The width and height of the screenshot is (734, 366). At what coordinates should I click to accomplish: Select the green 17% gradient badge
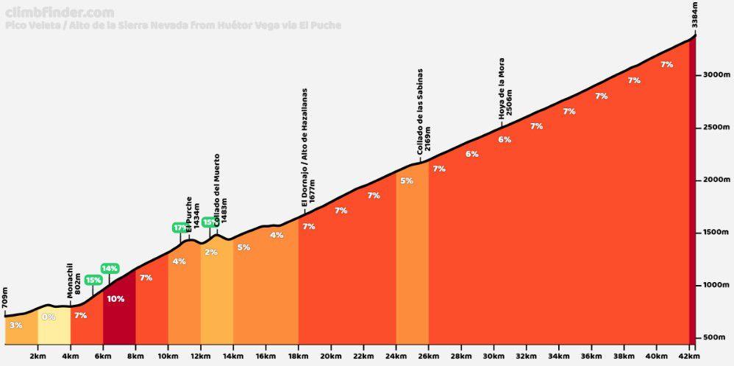[x=180, y=228]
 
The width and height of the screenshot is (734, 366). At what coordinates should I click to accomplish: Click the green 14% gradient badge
[x=110, y=268]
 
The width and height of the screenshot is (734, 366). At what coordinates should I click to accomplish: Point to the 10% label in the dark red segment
[x=115, y=299]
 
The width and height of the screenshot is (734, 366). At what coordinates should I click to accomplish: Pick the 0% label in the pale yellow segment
[x=49, y=317]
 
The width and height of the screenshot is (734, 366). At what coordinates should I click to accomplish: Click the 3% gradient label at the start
[x=16, y=325]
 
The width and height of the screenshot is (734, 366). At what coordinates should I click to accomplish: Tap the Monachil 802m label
[x=73, y=280]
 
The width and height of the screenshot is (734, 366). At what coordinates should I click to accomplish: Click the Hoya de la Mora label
[x=505, y=88]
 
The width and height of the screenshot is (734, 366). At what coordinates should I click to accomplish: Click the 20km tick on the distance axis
[x=331, y=357]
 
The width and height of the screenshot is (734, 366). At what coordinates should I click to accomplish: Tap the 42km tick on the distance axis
[x=688, y=357]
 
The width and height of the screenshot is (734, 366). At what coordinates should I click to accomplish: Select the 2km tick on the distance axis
[x=38, y=357]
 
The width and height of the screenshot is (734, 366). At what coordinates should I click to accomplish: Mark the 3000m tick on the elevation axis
[x=714, y=74]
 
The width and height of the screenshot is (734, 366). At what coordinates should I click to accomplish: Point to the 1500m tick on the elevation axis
[x=714, y=232]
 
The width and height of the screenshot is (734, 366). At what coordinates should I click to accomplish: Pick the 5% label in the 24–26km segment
[x=407, y=180]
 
